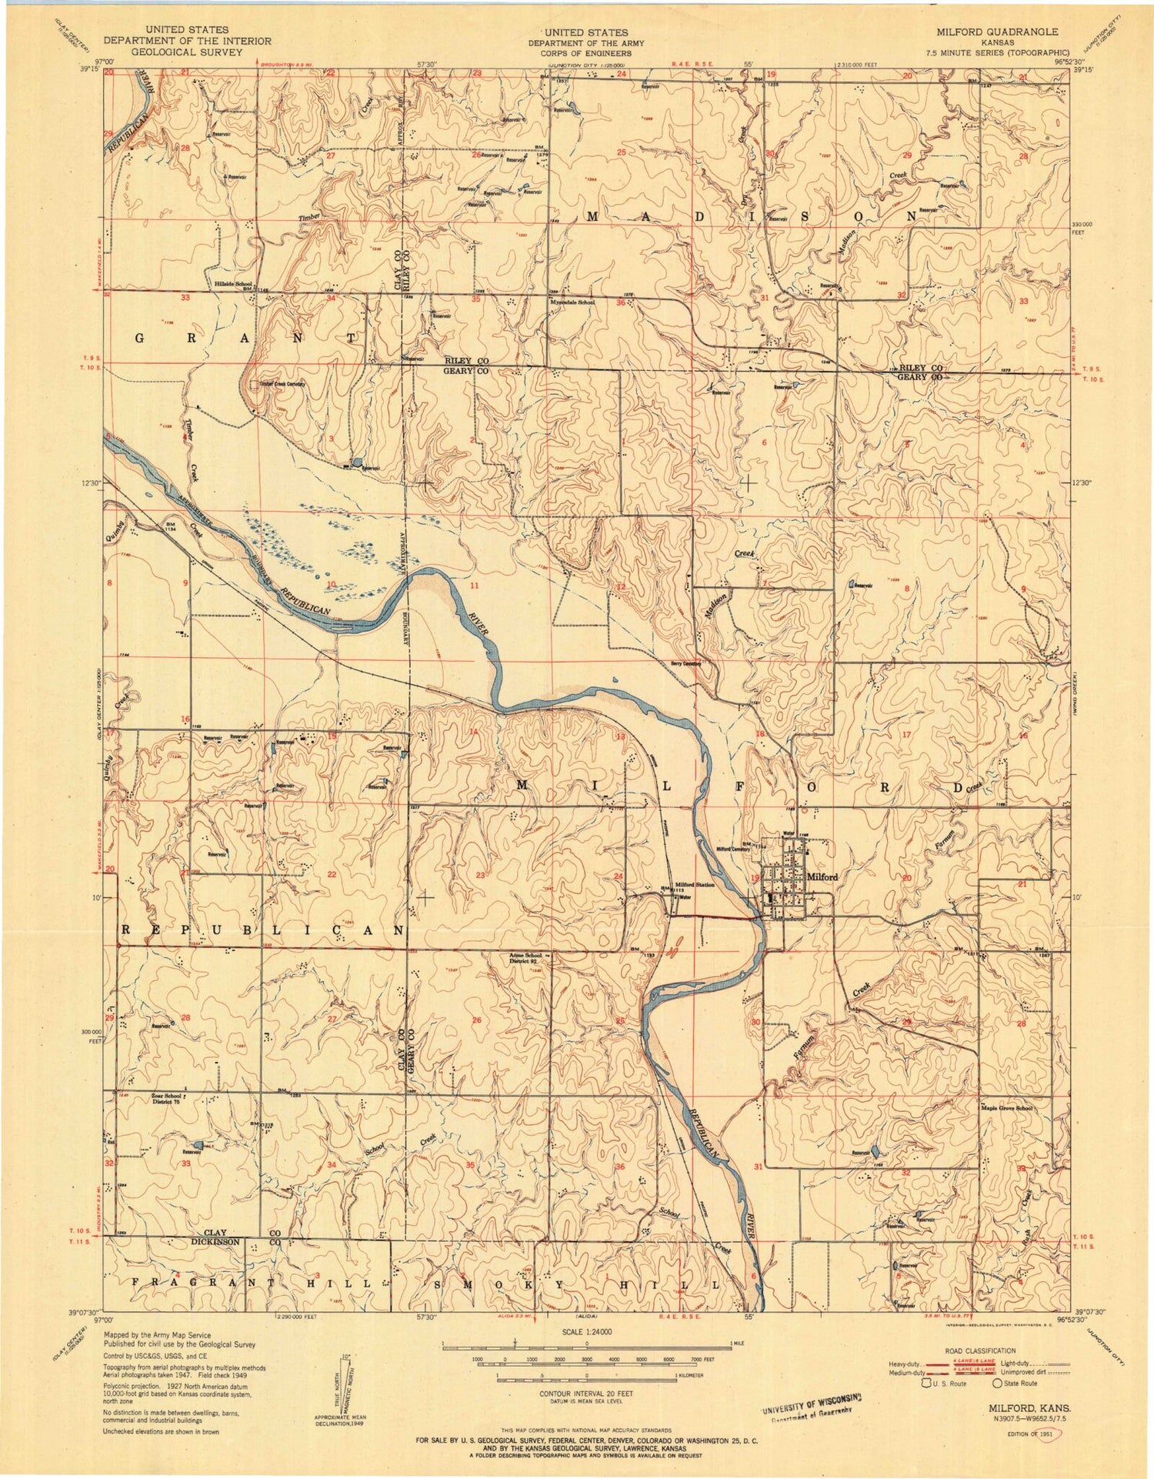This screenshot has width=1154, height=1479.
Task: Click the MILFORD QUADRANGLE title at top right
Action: click(x=996, y=32)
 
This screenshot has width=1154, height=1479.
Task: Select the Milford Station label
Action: click(x=695, y=885)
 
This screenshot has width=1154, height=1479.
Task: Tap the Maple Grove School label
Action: click(x=1005, y=1108)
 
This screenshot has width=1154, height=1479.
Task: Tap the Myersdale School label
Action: click(x=572, y=302)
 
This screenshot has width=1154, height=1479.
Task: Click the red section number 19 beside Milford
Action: click(x=755, y=877)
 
